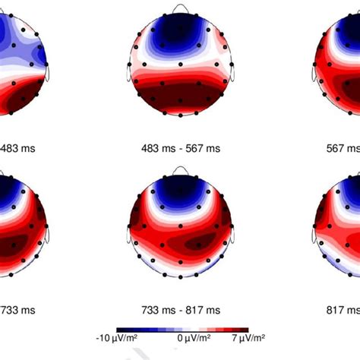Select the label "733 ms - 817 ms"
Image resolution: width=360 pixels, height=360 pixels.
coord(180,310)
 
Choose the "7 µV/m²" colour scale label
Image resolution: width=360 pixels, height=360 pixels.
coord(248,337)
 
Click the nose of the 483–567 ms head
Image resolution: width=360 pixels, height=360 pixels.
coord(180,8)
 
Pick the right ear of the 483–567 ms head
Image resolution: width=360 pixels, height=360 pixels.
coord(232,73)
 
